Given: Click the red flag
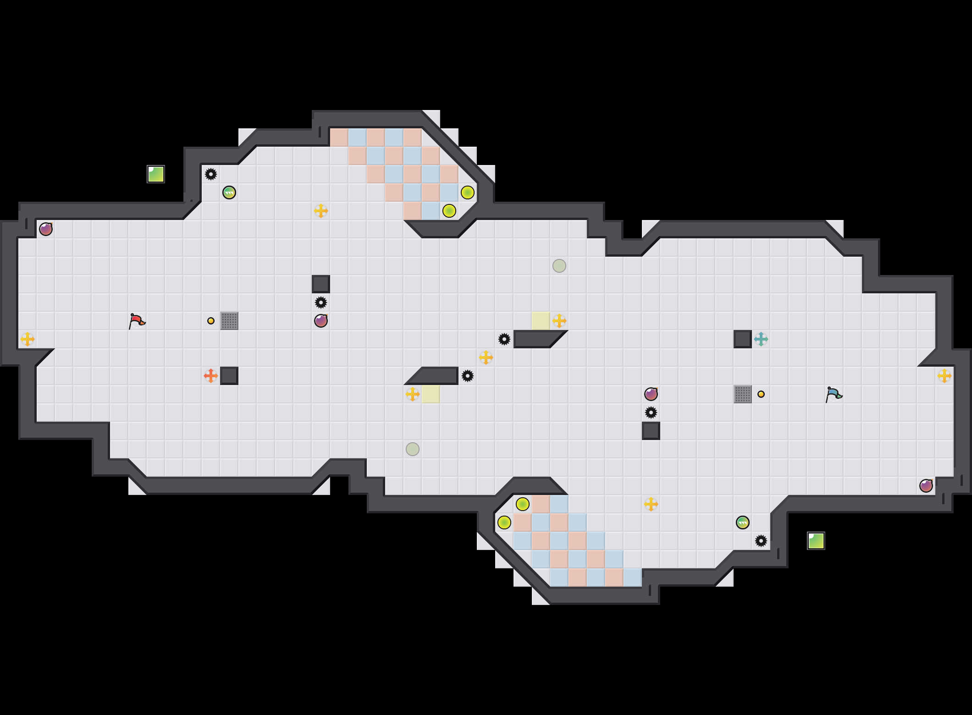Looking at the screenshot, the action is pyautogui.click(x=137, y=321).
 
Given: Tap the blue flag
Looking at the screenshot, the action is pyautogui.click(x=834, y=394).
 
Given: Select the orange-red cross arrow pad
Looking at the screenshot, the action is pyautogui.click(x=211, y=376).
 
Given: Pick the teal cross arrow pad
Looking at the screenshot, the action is pyautogui.click(x=761, y=339).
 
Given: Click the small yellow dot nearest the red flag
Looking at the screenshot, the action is pyautogui.click(x=211, y=321).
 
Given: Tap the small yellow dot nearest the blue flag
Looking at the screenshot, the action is pyautogui.click(x=761, y=394).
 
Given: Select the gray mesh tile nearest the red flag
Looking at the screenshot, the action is pyautogui.click(x=229, y=321).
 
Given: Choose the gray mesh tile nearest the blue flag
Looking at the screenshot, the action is pyautogui.click(x=743, y=394).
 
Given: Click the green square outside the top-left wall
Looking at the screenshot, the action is pyautogui.click(x=156, y=174).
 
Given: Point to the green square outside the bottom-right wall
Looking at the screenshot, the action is pyautogui.click(x=816, y=541).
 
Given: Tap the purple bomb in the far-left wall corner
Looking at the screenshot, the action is pyautogui.click(x=46, y=229).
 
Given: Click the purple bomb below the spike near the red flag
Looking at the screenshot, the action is pyautogui.click(x=321, y=321).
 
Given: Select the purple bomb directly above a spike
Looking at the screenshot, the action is pyautogui.click(x=651, y=394).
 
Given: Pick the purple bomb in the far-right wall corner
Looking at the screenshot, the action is pyautogui.click(x=926, y=486).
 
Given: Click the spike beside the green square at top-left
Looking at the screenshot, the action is pyautogui.click(x=211, y=174).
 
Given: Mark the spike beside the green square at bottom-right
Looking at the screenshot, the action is pyautogui.click(x=761, y=541).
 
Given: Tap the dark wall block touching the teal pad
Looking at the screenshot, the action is pyautogui.click(x=743, y=339).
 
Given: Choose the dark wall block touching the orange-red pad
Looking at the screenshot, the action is pyautogui.click(x=229, y=376).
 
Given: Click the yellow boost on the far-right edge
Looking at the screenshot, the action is pyautogui.click(x=944, y=376).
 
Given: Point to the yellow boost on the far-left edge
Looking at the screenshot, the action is pyautogui.click(x=28, y=339).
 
